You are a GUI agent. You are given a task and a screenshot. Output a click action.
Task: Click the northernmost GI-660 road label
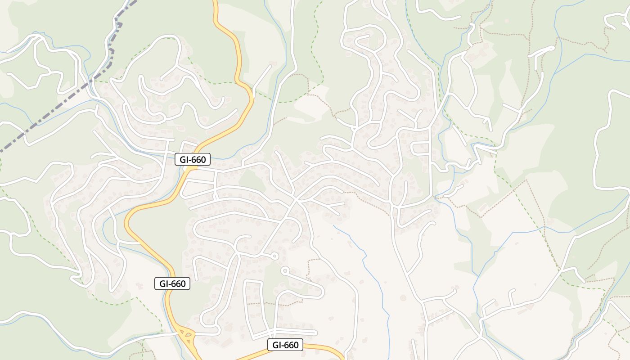click(193, 159)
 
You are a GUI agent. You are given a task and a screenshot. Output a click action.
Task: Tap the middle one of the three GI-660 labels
click(172, 283)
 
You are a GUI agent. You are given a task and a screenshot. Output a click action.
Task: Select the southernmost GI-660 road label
click(285, 345)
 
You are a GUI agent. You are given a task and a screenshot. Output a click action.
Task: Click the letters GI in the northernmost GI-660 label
click(184, 159)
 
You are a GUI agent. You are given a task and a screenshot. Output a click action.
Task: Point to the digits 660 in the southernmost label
click(292, 345)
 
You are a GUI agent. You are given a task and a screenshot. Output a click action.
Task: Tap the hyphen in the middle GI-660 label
click(170, 283)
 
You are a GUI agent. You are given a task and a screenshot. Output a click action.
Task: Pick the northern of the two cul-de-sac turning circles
click(274, 256)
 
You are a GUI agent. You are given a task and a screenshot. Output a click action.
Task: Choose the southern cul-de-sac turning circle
click(284, 271)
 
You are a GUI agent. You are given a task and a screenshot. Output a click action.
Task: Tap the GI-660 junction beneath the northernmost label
click(191, 168)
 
